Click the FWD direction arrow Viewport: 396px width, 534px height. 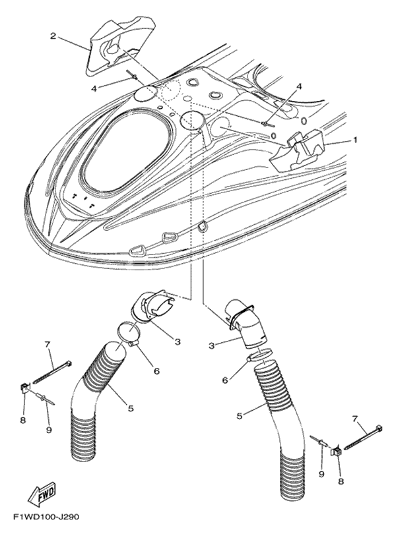click(x=42, y=492)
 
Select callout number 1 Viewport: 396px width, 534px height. click(x=354, y=140)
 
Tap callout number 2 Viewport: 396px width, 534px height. click(x=53, y=36)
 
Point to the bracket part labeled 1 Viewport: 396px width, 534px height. click(x=297, y=150)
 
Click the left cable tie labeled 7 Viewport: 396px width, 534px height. click(x=53, y=372)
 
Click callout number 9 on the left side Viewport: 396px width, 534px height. click(x=49, y=430)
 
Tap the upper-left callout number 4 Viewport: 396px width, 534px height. click(x=94, y=89)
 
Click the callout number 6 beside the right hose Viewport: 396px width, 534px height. click(x=225, y=380)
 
